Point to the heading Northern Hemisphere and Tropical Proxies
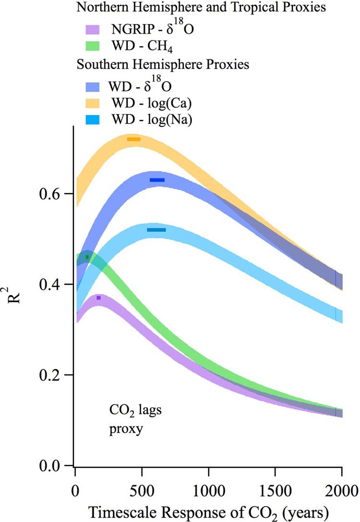[160, 8]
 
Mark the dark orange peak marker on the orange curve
[134, 139]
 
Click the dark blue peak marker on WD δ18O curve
[157, 180]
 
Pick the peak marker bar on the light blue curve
[156, 230]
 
